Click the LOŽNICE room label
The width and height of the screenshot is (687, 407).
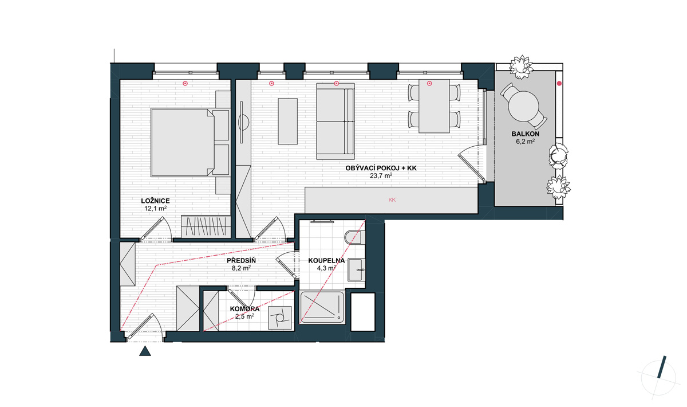[155, 201]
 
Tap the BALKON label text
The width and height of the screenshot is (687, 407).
[526, 134]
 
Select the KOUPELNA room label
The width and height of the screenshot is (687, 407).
[326, 261]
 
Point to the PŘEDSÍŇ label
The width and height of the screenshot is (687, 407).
[242, 260]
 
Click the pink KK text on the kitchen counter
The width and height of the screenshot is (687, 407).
[392, 200]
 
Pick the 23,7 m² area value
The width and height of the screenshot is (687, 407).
[381, 176]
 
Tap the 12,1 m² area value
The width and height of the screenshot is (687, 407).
[156, 208]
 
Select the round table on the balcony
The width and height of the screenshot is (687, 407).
[523, 107]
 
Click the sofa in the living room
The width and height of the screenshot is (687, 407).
[335, 122]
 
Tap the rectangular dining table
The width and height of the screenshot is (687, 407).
[435, 106]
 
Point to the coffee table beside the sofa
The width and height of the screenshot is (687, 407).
[287, 122]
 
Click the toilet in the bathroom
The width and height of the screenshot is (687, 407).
[355, 237]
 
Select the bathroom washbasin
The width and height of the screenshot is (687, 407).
[356, 269]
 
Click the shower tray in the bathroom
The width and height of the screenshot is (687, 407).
[322, 307]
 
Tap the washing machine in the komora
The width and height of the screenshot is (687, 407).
[280, 318]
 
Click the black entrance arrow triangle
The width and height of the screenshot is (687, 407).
[145, 351]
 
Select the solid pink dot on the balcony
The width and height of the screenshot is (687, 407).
[559, 83]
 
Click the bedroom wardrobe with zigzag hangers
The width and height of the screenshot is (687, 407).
[206, 226]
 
